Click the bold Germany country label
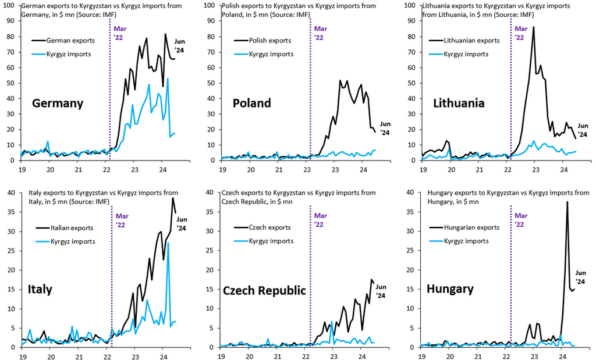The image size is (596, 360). click(58, 104)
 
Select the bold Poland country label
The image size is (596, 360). click(251, 103)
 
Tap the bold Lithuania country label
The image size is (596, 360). click(459, 103)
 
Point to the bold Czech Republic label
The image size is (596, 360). click(264, 291)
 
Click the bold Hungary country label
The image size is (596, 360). click(450, 289)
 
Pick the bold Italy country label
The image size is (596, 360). click(40, 290)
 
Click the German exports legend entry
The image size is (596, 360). click(63, 40)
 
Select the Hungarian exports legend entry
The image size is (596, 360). click(464, 227)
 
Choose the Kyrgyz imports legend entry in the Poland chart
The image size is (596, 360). click(264, 54)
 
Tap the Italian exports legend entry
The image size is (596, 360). click(65, 228)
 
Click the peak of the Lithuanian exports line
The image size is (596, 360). click(534, 27)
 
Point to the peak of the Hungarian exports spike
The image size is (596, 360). click(567, 202)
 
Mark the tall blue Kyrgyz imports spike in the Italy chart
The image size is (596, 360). click(168, 243)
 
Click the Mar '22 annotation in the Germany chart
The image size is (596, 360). click(120, 33)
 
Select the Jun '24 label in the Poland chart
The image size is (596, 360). click(385, 128)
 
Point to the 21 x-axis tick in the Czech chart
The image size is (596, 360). click(278, 357)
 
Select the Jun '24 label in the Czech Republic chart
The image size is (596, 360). click(381, 291)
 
